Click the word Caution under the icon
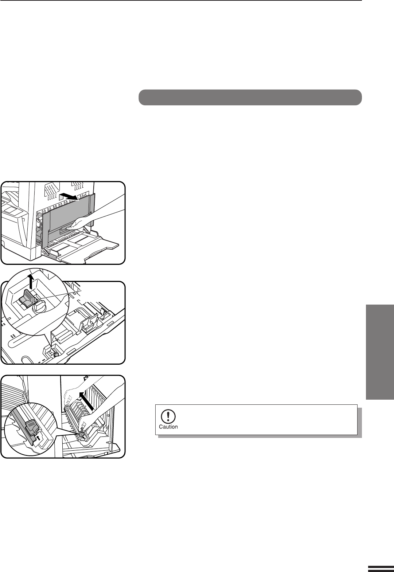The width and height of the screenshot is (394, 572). [168, 427]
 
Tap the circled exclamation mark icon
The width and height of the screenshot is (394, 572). [168, 416]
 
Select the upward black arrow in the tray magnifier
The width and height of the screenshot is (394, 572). [31, 282]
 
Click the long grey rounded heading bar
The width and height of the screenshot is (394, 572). [250, 97]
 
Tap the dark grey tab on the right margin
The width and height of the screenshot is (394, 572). [380, 352]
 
